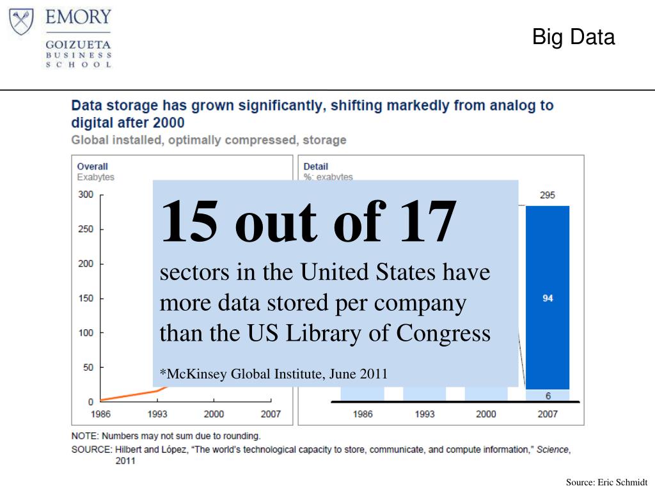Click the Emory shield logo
coord(22,22)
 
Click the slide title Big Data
coord(573,37)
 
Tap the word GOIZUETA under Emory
coord(78,45)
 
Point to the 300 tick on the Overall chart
coord(86,194)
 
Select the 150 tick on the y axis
coord(86,298)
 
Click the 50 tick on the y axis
coord(88,367)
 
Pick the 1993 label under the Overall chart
coord(157,414)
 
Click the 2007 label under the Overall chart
coord(271,414)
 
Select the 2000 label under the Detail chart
coord(485,414)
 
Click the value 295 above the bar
coord(548,196)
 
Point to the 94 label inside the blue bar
coord(548,298)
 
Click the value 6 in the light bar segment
coord(548,396)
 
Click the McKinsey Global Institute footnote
coord(273,373)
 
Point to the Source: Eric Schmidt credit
coord(606,482)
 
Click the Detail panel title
coord(316,166)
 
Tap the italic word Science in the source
coord(552,449)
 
